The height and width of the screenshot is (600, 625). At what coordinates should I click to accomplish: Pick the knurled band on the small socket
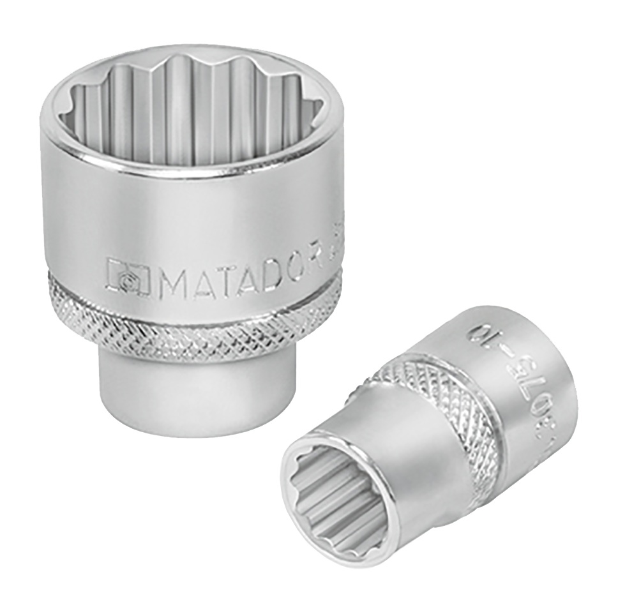[447, 415]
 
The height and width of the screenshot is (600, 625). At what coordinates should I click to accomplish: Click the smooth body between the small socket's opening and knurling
[409, 460]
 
